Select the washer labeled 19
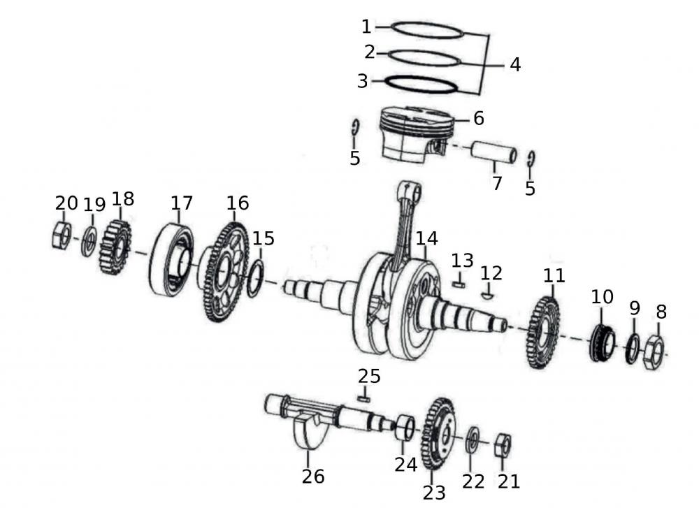[x=89, y=241]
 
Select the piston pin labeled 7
[x=493, y=152]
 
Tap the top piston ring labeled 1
[x=427, y=30]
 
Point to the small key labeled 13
[x=459, y=284]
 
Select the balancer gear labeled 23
[x=439, y=433]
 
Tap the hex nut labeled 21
[x=503, y=444]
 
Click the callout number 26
[x=313, y=476]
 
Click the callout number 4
[x=515, y=64]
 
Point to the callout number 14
[x=426, y=238]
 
